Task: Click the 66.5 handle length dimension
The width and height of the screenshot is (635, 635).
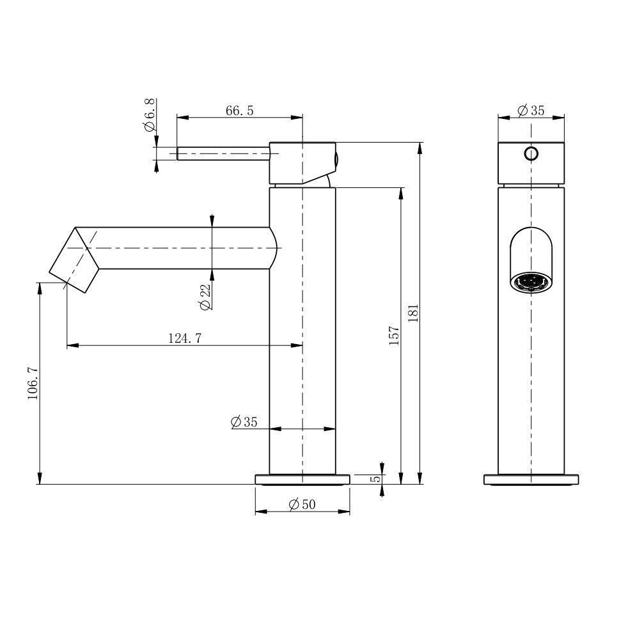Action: point(240,110)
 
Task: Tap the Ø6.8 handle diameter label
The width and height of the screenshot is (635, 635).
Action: point(150,115)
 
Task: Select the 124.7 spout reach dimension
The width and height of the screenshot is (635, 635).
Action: point(185,338)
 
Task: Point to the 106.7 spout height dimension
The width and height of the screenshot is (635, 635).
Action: point(33,383)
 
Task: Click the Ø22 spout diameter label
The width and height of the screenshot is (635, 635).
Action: point(205,297)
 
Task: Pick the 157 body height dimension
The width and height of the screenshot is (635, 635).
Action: point(394,335)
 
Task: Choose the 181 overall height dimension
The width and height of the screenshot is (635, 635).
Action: point(413,313)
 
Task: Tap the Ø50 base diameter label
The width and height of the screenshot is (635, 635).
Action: point(302,504)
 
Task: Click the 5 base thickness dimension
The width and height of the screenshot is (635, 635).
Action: point(376,479)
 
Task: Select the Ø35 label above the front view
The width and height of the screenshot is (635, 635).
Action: point(531,110)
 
